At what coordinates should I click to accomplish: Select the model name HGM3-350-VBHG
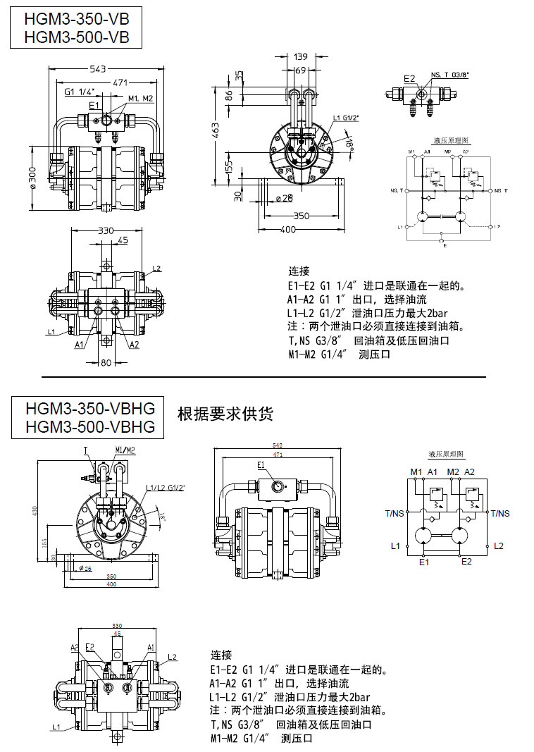point(89,408)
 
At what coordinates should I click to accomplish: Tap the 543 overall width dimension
point(98,68)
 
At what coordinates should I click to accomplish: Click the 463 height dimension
point(216,130)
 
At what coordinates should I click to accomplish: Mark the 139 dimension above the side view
point(302,56)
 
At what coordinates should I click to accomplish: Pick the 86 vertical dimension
point(229,95)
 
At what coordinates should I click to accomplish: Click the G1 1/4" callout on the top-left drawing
point(80,92)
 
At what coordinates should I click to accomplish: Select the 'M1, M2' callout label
point(141,98)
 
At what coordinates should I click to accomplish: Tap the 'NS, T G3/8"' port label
point(449,74)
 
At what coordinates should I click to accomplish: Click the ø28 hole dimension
point(284,197)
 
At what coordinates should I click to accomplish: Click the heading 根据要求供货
point(225,413)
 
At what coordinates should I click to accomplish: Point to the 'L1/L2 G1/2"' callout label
point(166,488)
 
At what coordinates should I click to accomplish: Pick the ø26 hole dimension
point(86,567)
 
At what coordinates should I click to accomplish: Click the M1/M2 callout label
point(125,450)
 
